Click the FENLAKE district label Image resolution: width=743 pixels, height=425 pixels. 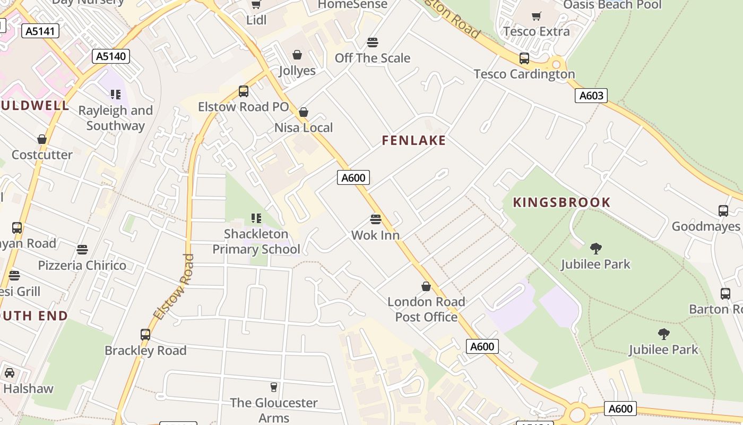(x=414, y=140)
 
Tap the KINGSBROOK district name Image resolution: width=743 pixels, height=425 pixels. (x=561, y=202)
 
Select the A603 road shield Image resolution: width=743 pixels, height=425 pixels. (x=591, y=96)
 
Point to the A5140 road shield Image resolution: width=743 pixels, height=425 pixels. (x=111, y=56)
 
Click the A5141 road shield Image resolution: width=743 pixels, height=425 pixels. (x=40, y=31)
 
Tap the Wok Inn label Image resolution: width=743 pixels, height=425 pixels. (x=375, y=235)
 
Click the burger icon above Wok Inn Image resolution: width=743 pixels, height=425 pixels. (x=376, y=219)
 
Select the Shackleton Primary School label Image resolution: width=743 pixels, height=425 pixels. (x=256, y=242)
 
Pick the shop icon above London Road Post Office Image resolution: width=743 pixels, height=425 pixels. (x=426, y=287)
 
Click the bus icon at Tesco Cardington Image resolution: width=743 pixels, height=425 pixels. (x=524, y=58)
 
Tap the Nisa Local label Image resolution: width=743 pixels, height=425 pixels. (x=304, y=127)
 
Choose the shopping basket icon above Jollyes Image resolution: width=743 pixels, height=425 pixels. (x=297, y=55)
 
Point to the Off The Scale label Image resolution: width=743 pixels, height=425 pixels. (x=373, y=58)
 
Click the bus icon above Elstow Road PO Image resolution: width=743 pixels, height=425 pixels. (x=244, y=91)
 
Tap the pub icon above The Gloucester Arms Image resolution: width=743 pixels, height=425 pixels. (x=274, y=387)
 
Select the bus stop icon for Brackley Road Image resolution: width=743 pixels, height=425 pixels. (x=145, y=335)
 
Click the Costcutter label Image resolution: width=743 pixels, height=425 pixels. (x=42, y=155)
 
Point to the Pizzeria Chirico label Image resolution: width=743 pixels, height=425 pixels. (x=82, y=265)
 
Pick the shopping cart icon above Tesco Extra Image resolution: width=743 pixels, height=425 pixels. (x=537, y=16)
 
